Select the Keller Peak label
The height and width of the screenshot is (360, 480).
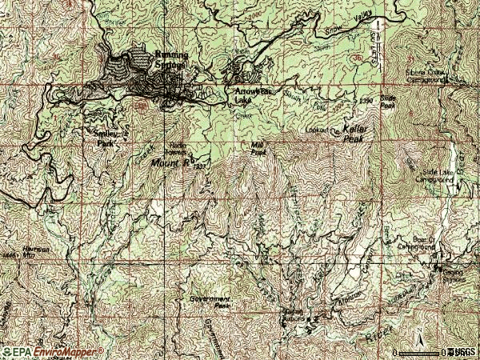coord(354,133)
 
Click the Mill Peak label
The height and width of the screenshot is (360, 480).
coord(258,147)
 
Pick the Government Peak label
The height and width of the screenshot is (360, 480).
coord(210,302)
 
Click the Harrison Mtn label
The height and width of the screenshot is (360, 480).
coord(36,250)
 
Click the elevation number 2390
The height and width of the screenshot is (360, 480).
coord(366,100)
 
